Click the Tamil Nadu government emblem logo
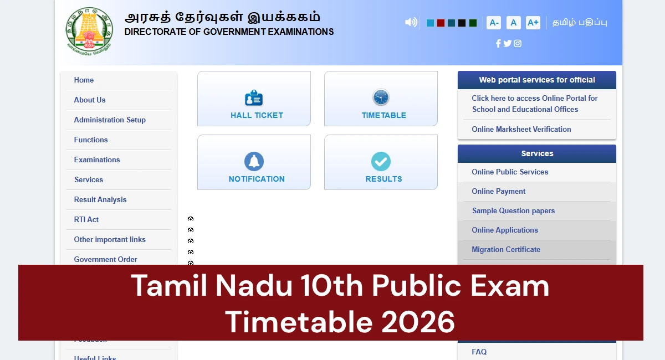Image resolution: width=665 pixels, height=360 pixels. coord(89,30)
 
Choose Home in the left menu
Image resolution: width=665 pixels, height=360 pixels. coord(84,80)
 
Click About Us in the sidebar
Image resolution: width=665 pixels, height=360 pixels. coord(90,100)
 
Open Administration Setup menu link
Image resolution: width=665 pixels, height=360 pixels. coord(110,120)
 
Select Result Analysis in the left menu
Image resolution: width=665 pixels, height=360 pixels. coord(100,200)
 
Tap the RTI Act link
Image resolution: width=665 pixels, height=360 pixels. coord(86,220)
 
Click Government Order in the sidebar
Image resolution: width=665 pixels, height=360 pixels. coord(105,259)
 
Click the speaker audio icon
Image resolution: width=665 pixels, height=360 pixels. coord(411,23)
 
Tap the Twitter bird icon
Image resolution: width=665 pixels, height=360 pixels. coord(508,44)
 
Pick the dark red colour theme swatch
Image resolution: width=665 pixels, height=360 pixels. coord(441,23)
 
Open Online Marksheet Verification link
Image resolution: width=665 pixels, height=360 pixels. coord(521,130)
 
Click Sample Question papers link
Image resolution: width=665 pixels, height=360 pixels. coord(513,211)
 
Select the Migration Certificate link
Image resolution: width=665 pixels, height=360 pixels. coord(506,250)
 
